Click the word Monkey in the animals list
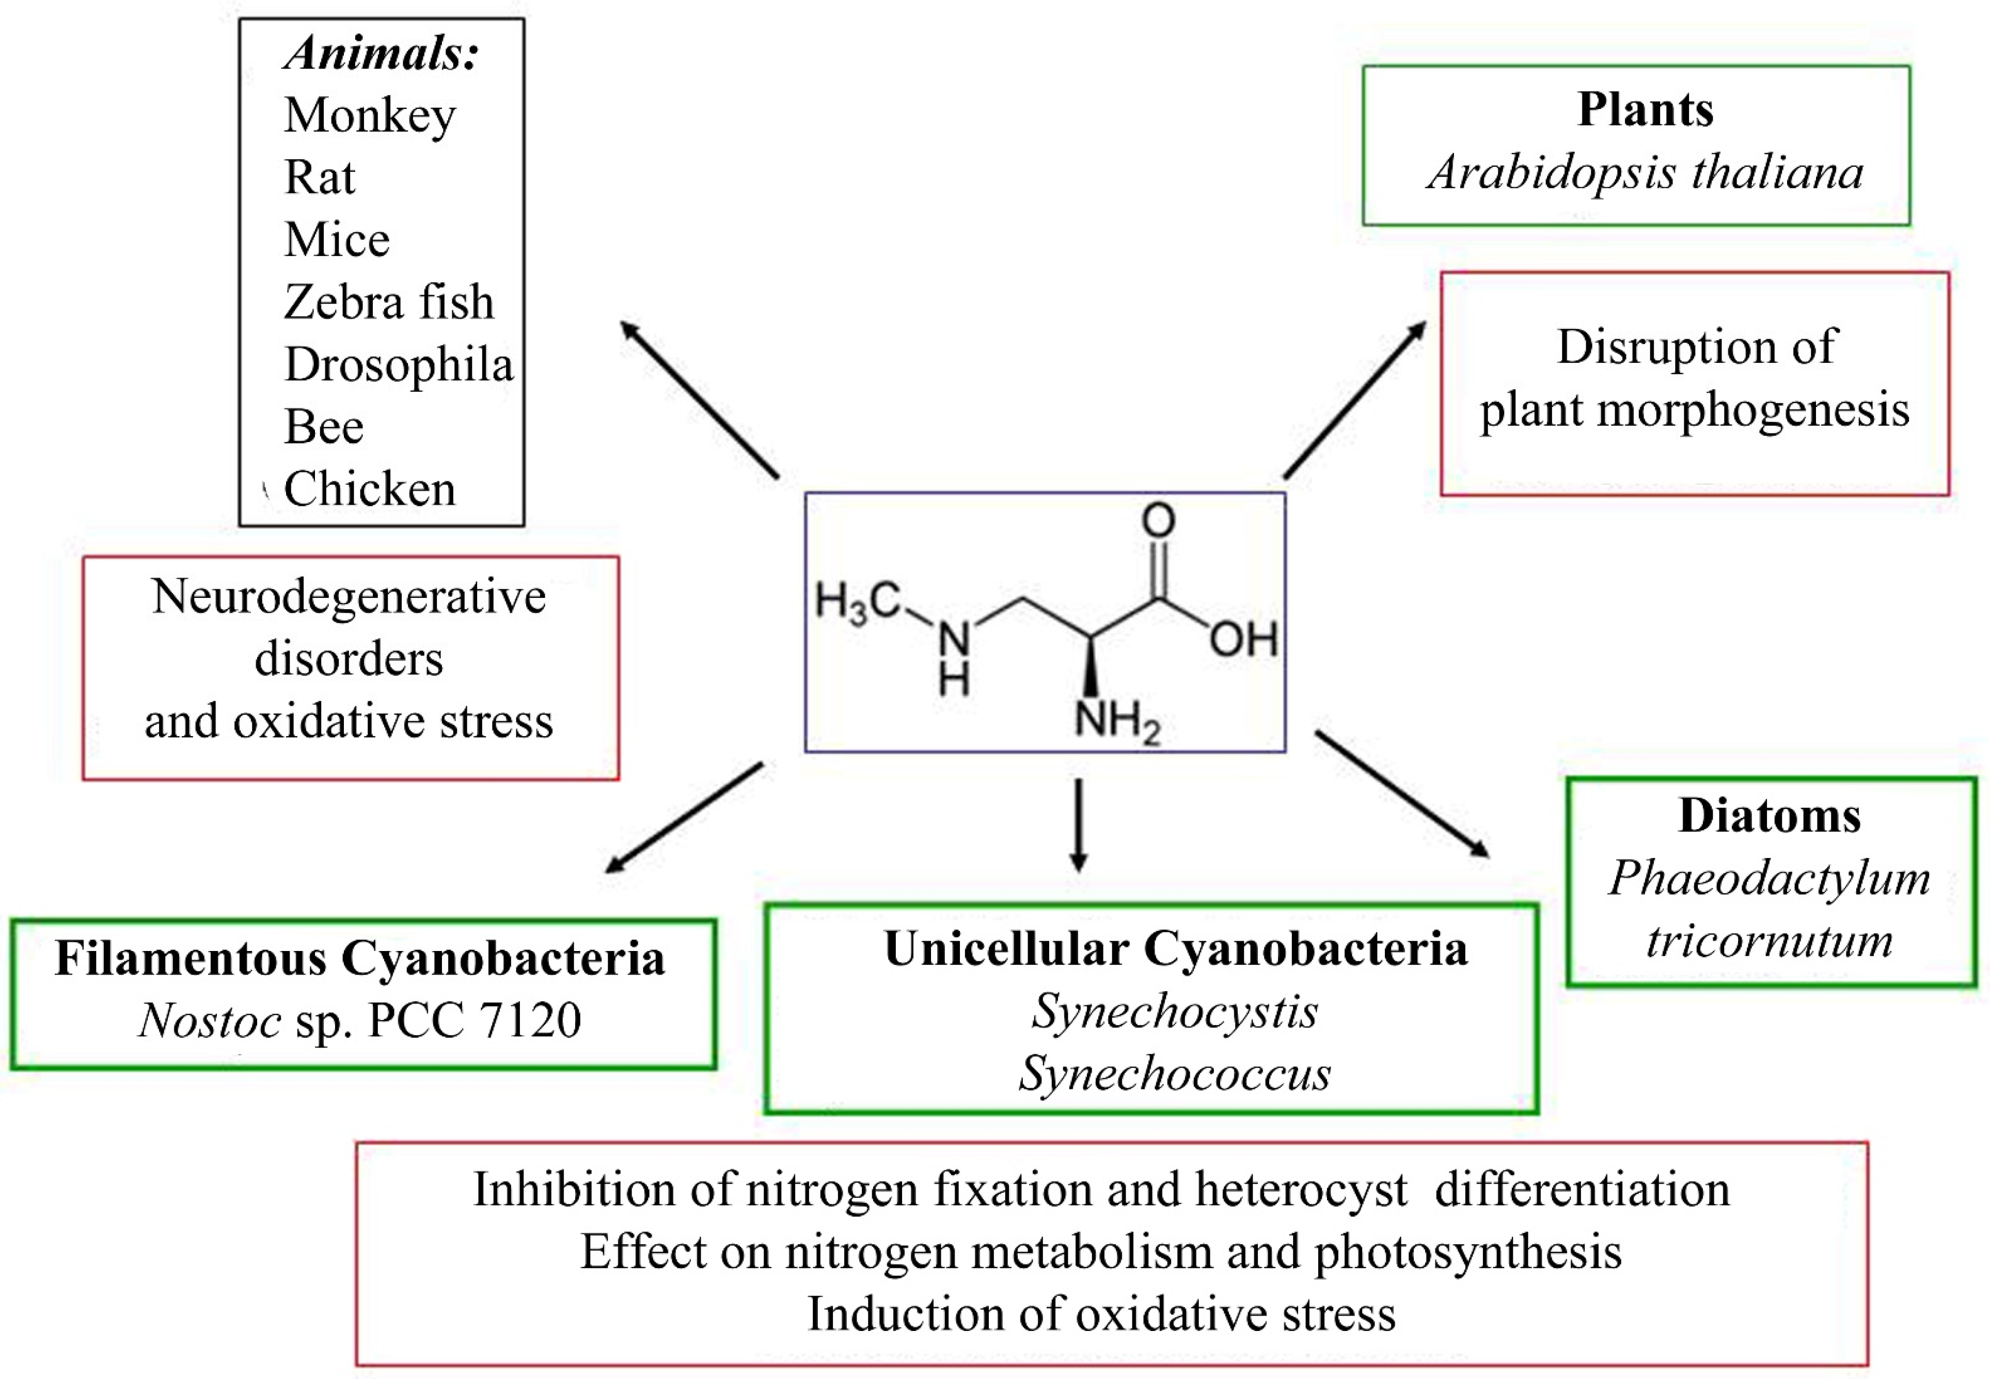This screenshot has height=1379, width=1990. (x=370, y=116)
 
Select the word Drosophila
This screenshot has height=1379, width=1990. (x=398, y=364)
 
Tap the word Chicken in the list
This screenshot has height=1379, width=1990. (x=370, y=489)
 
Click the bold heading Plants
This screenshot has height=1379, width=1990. (x=1645, y=110)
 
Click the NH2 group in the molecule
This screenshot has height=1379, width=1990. (x=1116, y=720)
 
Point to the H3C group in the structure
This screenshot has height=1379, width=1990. (x=857, y=602)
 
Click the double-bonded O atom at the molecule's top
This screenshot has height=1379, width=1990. (x=1158, y=520)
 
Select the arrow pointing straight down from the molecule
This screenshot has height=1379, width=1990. (x=1078, y=825)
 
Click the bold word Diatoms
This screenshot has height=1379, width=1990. (x=1769, y=816)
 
